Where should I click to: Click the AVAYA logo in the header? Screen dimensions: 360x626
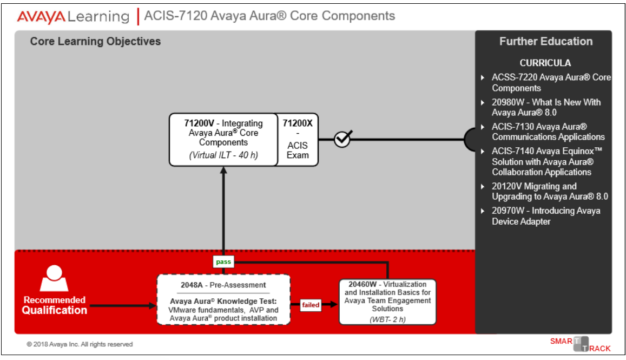tap(42, 16)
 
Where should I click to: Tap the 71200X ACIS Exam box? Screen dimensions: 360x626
tap(298, 139)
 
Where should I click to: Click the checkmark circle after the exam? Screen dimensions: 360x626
tap(342, 139)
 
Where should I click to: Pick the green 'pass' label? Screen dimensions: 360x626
tap(223, 262)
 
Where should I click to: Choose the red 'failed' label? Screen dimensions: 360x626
tap(311, 305)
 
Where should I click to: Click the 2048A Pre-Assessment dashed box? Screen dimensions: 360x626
tap(223, 299)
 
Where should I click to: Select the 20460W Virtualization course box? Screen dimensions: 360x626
tap(387, 302)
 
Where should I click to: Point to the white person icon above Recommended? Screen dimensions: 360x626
tap(54, 278)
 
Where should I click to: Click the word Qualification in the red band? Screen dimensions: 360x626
tap(54, 310)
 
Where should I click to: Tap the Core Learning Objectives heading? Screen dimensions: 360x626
tap(95, 42)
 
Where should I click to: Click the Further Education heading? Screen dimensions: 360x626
tap(545, 42)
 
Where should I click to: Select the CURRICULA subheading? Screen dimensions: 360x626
tap(545, 63)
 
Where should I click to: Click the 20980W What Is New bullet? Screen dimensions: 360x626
tap(546, 107)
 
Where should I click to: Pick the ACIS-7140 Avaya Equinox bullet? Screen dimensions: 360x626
tap(546, 161)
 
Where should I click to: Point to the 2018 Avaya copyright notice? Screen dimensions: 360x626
tap(80, 344)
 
